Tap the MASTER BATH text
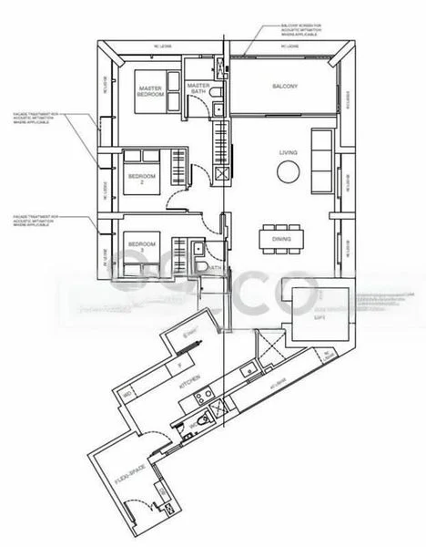tap(200, 89)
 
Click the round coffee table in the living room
tap(288, 173)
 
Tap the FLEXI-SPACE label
tap(127, 475)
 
